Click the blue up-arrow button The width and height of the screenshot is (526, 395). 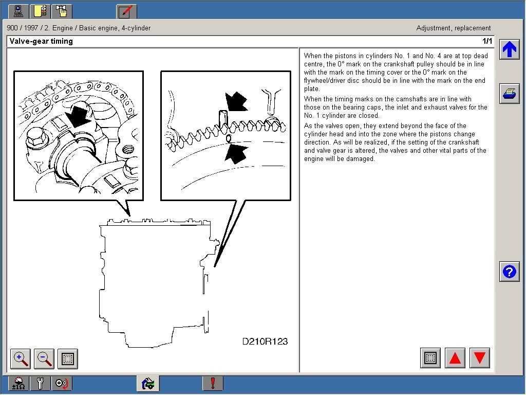tap(509, 49)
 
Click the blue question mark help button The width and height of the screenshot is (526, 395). tap(509, 272)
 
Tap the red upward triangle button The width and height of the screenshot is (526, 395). tap(455, 358)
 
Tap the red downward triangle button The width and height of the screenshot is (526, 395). tap(480, 358)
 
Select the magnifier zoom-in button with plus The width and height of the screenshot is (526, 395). tap(21, 358)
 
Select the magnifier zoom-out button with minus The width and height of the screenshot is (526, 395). tap(44, 358)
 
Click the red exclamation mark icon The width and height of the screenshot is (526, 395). tap(213, 383)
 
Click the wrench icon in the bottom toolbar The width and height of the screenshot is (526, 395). tap(40, 383)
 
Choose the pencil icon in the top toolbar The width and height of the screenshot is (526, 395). tap(126, 11)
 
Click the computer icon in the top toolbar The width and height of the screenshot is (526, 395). tap(18, 11)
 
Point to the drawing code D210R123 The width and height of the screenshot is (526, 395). tap(265, 342)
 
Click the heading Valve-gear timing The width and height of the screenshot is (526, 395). tap(41, 41)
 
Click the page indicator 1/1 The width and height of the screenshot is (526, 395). tap(487, 41)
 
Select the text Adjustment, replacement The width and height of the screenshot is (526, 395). tap(454, 28)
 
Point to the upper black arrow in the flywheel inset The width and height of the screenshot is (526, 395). tap(236, 102)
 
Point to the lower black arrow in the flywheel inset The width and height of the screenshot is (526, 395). tap(236, 154)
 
